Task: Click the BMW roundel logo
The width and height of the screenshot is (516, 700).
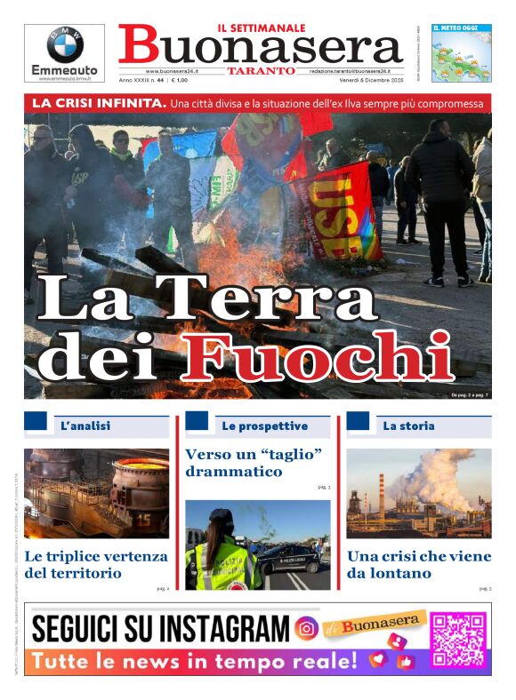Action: click(64, 44)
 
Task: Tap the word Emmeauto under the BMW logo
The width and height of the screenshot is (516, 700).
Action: click(64, 70)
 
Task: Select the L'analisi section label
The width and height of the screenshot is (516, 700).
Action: click(85, 426)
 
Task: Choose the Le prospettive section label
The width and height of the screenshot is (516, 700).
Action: click(264, 426)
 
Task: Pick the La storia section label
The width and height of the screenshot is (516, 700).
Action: click(408, 426)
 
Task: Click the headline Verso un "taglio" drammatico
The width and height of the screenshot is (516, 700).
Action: click(254, 463)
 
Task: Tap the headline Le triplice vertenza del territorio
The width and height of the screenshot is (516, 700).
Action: click(96, 565)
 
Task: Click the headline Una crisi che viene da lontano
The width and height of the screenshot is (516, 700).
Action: click(418, 565)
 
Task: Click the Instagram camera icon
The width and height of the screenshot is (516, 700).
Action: click(306, 629)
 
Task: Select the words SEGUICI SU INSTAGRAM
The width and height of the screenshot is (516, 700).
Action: click(160, 629)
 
